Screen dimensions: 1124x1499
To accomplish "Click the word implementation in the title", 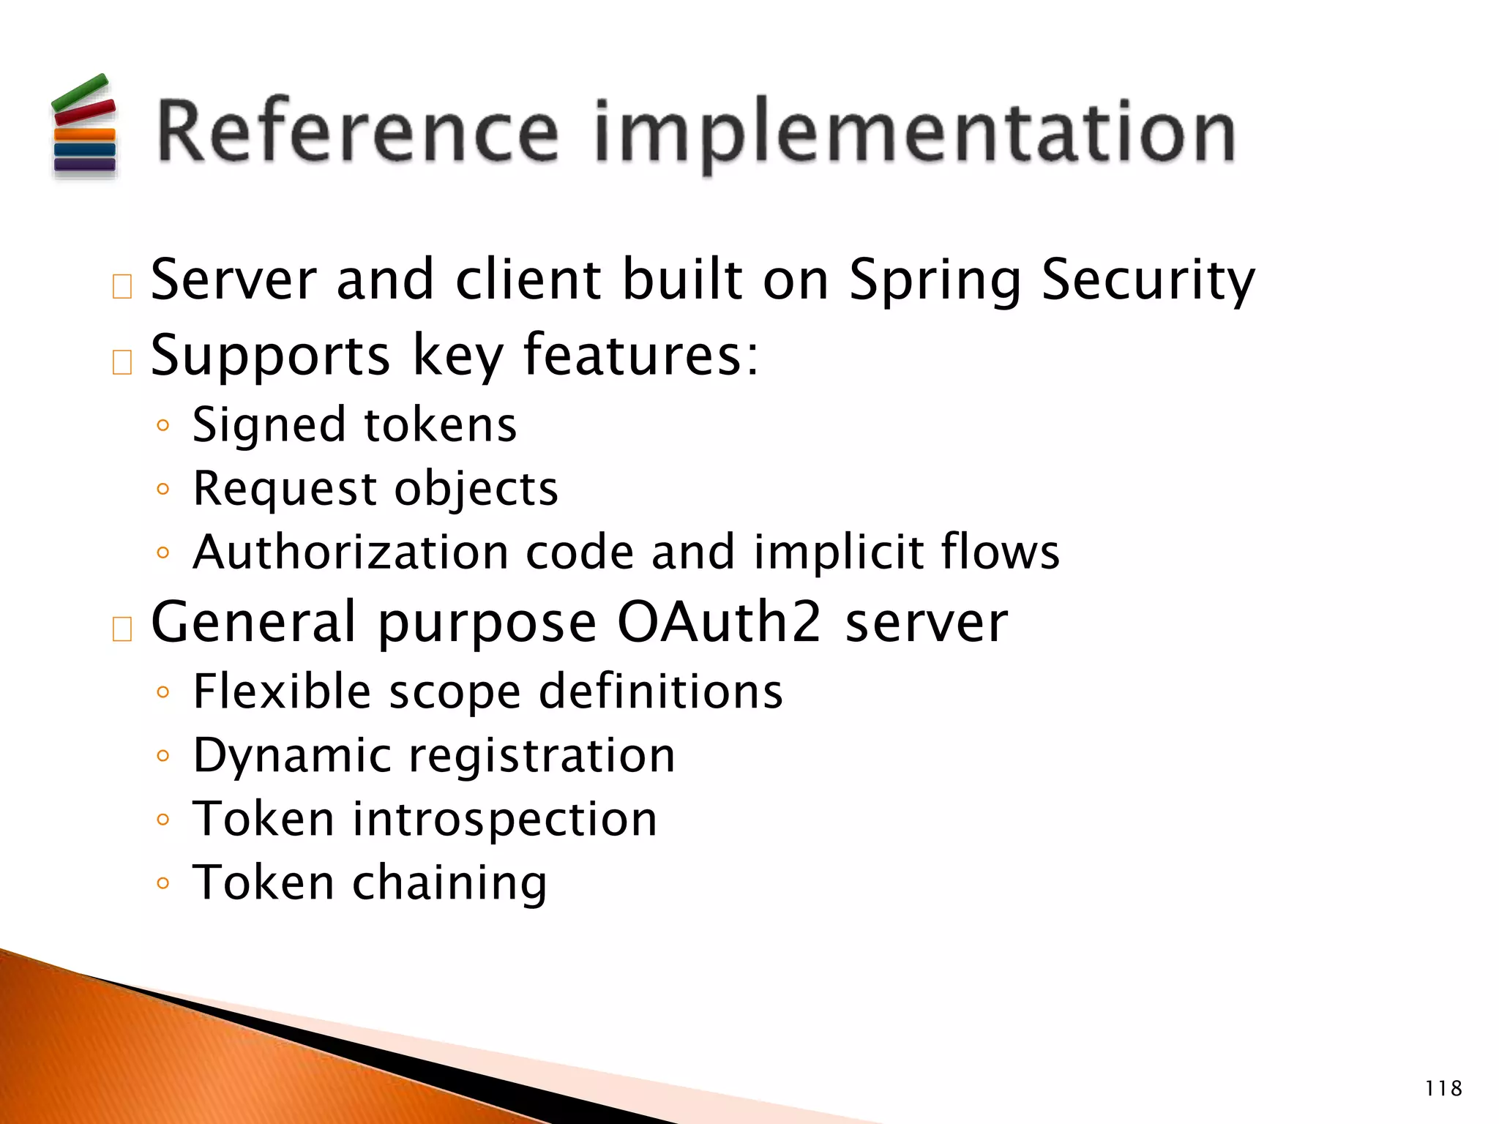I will pos(915,133).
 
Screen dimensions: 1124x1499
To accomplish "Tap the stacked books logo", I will pos(84,128).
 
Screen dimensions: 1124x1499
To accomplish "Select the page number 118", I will pos(1443,1089).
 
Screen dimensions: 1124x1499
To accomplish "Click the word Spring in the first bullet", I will pos(935,282).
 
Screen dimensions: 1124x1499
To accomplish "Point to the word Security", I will pos(1147,282).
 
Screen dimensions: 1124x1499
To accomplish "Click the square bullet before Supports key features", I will pos(122,362).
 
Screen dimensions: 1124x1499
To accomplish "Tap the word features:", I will pos(640,355).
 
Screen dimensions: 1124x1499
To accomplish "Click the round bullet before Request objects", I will pos(163,489).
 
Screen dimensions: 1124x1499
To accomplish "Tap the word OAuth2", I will pos(719,622).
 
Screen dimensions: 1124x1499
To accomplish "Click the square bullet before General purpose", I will pos(122,629).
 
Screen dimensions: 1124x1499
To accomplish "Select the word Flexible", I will pos(282,692).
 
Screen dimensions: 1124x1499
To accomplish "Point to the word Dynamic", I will pos(292,756).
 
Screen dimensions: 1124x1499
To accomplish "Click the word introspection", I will pos(505,819).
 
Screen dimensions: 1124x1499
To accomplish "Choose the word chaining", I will pos(449,883).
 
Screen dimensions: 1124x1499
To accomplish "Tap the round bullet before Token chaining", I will pos(163,883).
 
